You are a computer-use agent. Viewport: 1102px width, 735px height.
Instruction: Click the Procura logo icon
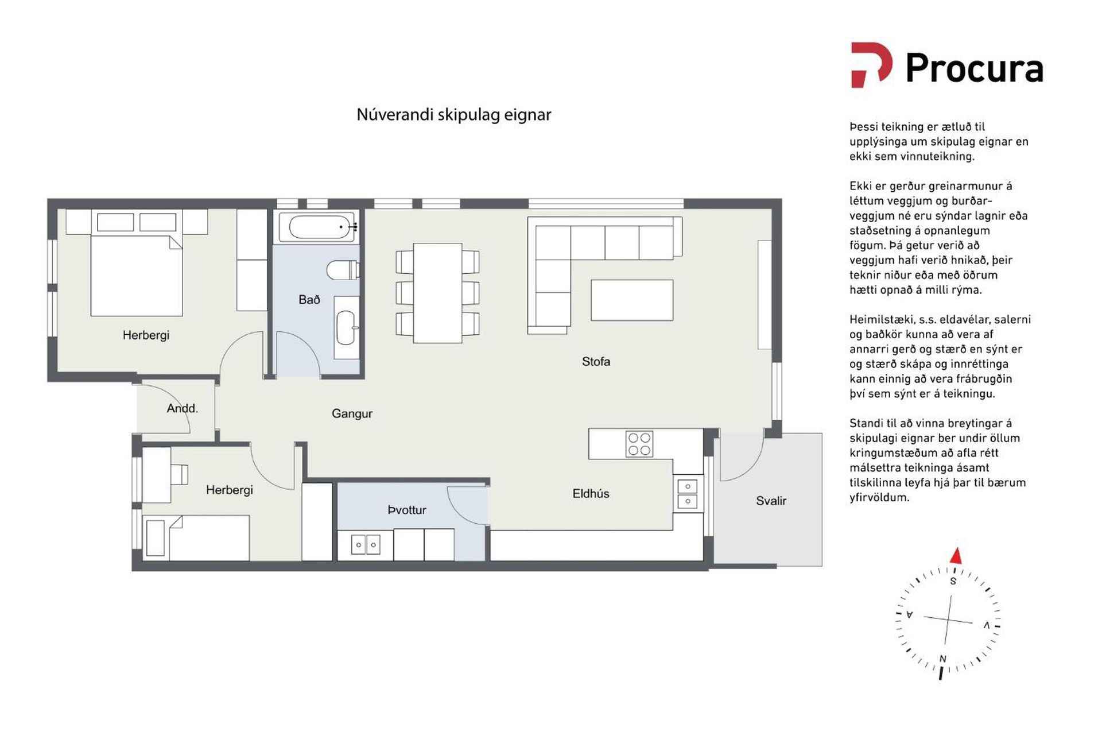871,65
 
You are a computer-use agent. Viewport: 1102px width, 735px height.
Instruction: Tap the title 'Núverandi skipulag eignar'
453,115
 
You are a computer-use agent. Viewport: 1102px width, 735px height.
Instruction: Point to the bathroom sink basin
346,328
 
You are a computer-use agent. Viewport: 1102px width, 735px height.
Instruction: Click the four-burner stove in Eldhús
639,444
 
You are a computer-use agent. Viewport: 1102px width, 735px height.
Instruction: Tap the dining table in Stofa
437,293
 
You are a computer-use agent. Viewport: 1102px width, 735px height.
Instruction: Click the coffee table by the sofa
632,300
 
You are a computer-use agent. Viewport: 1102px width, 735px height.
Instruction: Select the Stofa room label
596,362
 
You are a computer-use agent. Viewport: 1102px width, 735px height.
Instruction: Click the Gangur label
352,413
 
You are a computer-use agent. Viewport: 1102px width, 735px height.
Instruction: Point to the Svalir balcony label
771,501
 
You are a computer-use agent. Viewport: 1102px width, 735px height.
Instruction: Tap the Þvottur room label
407,510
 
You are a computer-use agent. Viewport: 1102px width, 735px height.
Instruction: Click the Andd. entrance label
182,408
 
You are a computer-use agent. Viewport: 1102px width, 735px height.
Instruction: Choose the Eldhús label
591,493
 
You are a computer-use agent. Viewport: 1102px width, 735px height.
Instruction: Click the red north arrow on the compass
956,556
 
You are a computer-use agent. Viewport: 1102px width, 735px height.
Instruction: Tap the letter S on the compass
953,581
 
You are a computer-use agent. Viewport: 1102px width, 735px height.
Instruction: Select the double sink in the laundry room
366,544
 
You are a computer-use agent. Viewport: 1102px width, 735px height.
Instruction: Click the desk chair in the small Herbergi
179,474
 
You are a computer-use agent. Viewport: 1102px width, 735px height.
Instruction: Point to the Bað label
309,300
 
